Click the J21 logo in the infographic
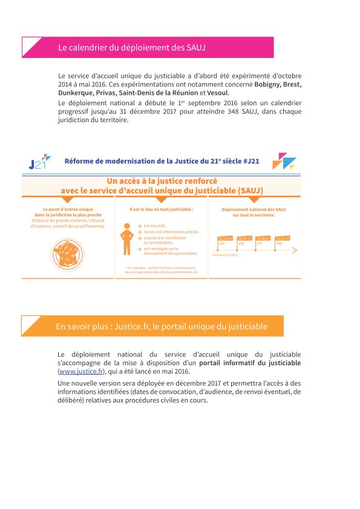(x=37, y=163)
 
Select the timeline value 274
(x=260, y=244)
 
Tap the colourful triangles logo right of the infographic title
(x=283, y=161)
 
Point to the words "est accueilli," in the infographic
(x=154, y=225)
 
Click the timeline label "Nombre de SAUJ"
(x=225, y=255)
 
